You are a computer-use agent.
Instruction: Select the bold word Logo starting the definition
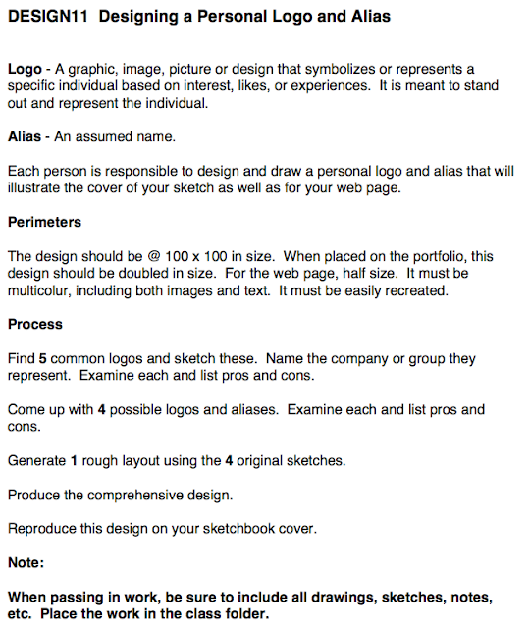(25, 69)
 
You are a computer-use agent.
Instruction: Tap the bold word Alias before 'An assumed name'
(25, 136)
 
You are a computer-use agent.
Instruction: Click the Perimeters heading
(44, 222)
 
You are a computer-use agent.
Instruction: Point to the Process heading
(34, 324)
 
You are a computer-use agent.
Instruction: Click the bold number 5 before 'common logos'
(43, 358)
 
